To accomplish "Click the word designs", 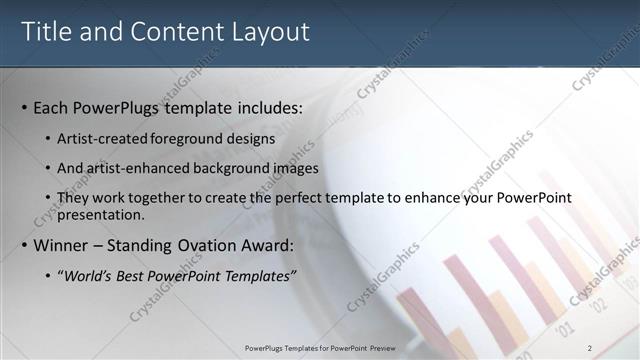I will pos(249,139).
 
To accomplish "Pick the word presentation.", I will pos(102,215).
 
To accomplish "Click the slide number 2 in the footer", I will pos(590,347).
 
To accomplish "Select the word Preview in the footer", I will pos(380,347).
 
